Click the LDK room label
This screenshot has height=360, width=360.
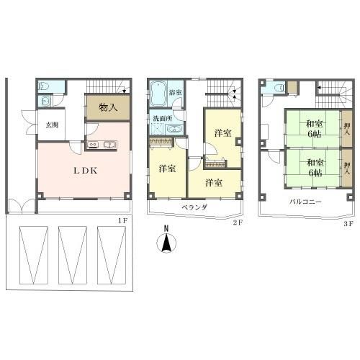click(x=86, y=171)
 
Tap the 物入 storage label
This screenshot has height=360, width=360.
click(x=108, y=107)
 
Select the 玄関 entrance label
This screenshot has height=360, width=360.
click(x=52, y=125)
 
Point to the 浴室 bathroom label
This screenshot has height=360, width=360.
click(x=175, y=92)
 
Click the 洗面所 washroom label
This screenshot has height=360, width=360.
click(x=163, y=118)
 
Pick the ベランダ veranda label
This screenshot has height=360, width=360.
click(x=194, y=207)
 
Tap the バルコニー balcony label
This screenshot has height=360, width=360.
click(x=305, y=202)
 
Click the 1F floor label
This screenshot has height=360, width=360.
click(x=122, y=221)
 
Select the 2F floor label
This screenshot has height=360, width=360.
click(x=238, y=222)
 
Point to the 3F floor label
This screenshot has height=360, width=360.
click(x=348, y=224)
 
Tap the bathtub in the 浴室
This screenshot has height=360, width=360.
click(x=158, y=94)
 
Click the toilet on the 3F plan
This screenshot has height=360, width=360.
click(x=280, y=87)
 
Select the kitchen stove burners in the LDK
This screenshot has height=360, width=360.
click(x=93, y=145)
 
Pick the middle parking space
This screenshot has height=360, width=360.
click(x=73, y=255)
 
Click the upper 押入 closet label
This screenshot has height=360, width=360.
click(x=347, y=129)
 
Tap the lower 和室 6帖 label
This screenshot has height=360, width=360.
click(x=315, y=168)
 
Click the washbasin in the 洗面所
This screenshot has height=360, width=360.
click(x=174, y=129)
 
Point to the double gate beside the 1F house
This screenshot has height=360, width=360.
click(x=22, y=206)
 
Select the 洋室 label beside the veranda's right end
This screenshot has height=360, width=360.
click(x=214, y=183)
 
